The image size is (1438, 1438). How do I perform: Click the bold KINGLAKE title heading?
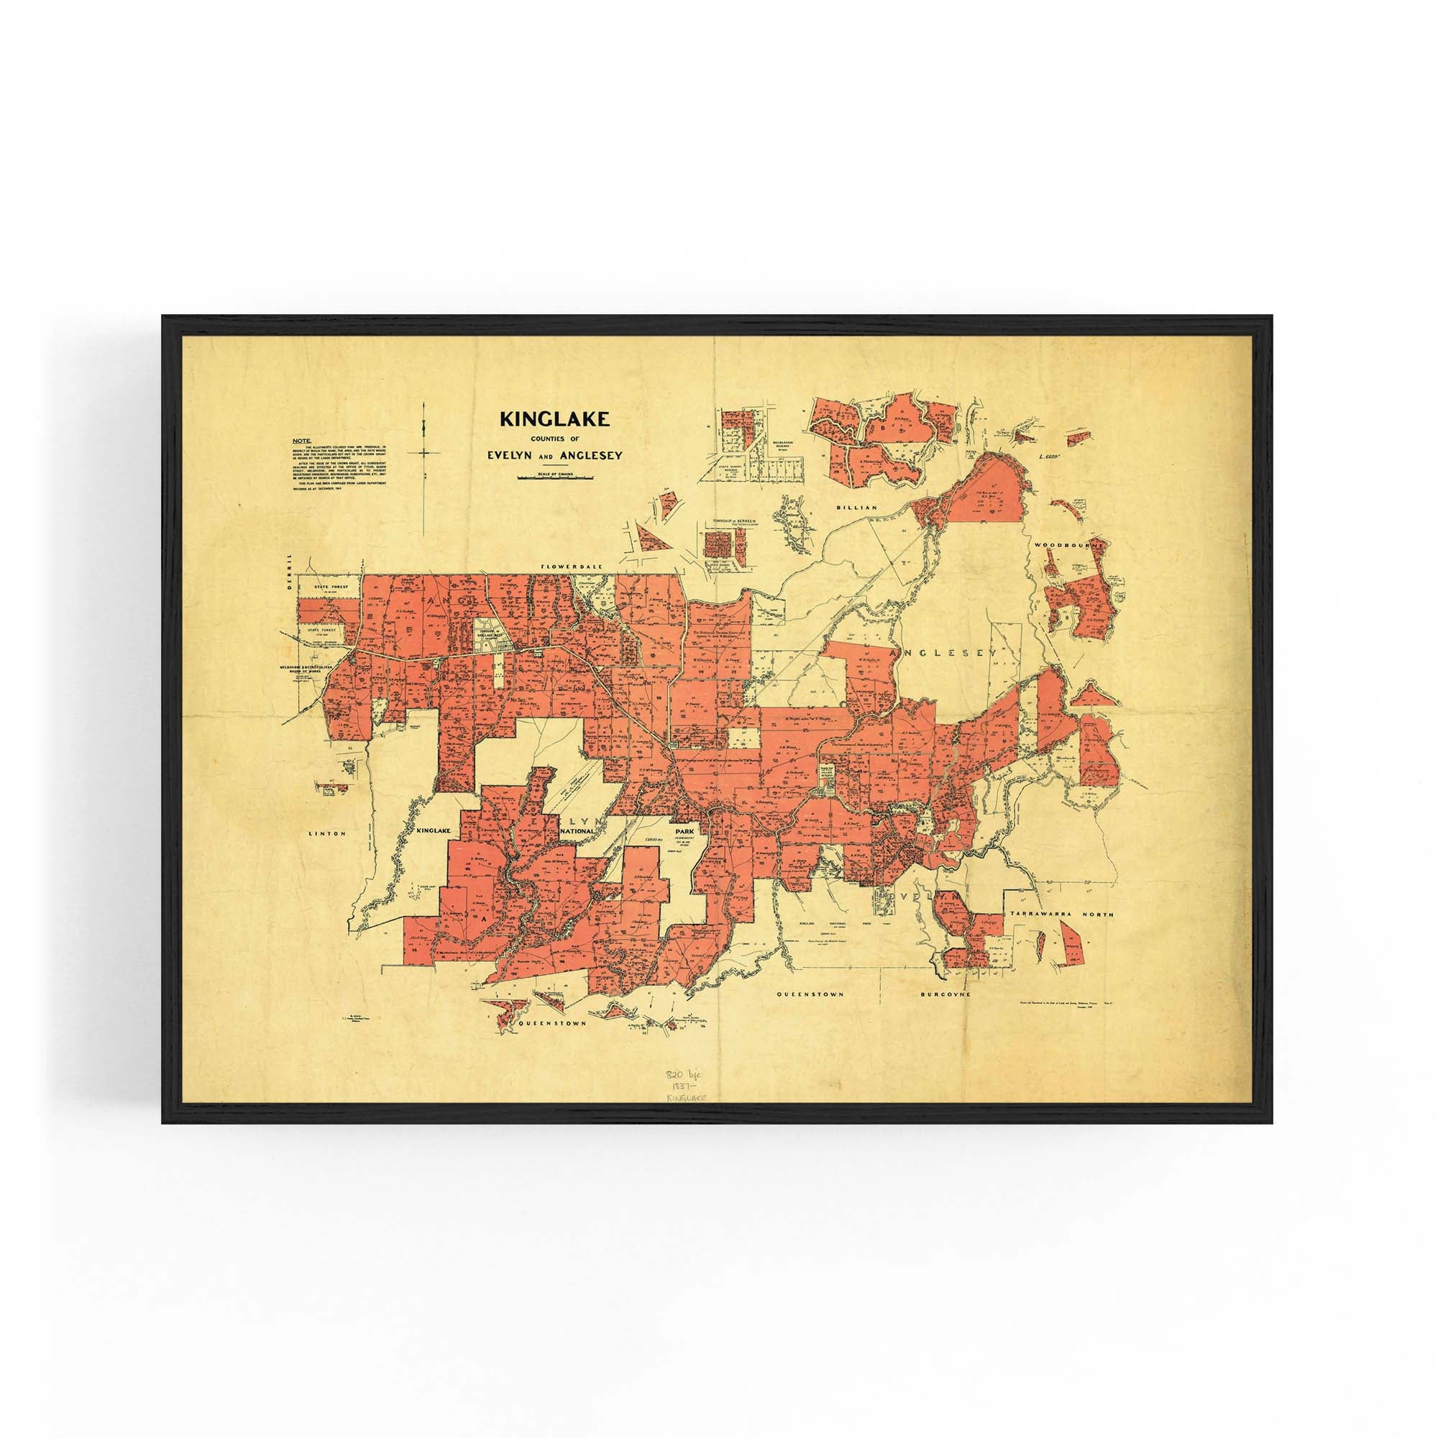click(554, 419)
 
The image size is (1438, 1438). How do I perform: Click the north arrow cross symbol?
click(423, 451)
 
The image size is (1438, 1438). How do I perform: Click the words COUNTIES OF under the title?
click(554, 439)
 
